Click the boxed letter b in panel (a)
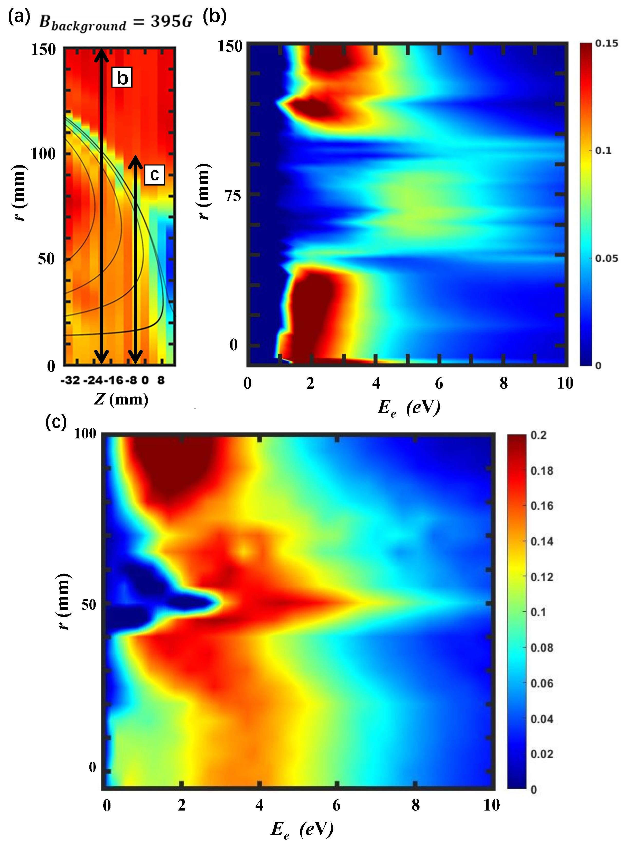pos(122,78)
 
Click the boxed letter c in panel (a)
pos(154,175)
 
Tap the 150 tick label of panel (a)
pos(43,50)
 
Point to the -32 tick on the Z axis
pos(70,380)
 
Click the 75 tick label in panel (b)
pos(232,196)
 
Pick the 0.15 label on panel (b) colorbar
pos(607,43)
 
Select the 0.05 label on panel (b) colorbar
pos(607,259)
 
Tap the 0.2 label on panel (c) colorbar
pos(538,435)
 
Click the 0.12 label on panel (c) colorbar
pos(542,577)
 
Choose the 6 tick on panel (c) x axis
pos(336,805)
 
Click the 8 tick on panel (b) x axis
pos(503,383)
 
